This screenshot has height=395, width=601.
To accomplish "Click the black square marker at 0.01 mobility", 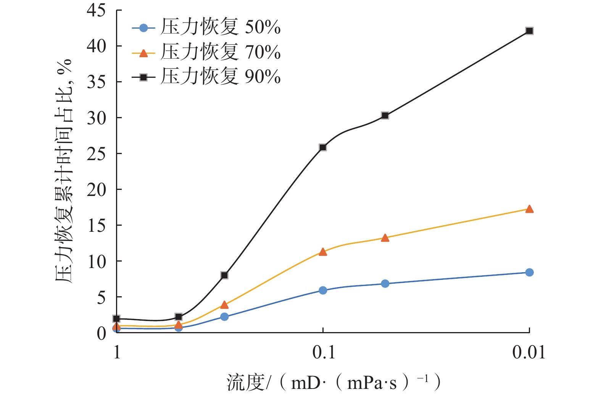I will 529,31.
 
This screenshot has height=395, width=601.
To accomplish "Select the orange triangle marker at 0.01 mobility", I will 529,209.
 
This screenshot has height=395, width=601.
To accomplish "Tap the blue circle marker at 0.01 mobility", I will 529,272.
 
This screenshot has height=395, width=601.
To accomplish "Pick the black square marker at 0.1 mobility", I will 323,147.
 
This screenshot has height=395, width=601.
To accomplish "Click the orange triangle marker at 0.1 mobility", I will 323,252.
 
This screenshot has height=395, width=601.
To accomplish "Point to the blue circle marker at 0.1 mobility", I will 323,291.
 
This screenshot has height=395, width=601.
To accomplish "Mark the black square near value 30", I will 385,116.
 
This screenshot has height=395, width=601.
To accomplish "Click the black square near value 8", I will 224,275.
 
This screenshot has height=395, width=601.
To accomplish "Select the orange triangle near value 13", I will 385,238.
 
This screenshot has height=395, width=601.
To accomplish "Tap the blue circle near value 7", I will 385,284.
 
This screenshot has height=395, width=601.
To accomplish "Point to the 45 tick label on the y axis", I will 96,10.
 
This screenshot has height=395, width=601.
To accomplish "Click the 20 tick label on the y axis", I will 96,189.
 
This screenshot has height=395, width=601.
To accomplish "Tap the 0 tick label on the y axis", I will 101,333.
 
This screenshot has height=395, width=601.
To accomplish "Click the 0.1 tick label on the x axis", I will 324,353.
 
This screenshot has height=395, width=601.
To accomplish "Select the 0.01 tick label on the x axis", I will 529,353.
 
